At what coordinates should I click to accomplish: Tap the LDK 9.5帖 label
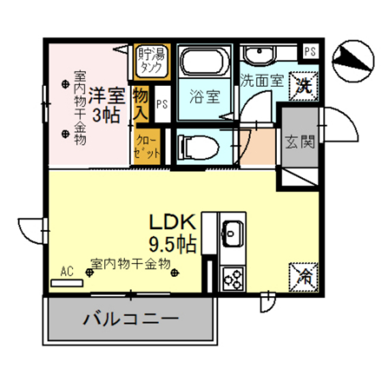[x=173, y=233]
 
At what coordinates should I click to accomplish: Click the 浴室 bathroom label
[x=204, y=96]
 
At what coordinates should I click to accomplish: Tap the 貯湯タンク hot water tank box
[x=149, y=60]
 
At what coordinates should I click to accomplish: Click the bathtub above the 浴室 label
[x=204, y=62]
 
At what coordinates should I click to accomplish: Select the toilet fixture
[x=198, y=146]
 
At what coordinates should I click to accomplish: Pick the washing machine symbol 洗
[x=304, y=85]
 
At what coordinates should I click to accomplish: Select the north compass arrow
[x=351, y=57]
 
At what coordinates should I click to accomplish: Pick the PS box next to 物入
[x=162, y=104]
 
